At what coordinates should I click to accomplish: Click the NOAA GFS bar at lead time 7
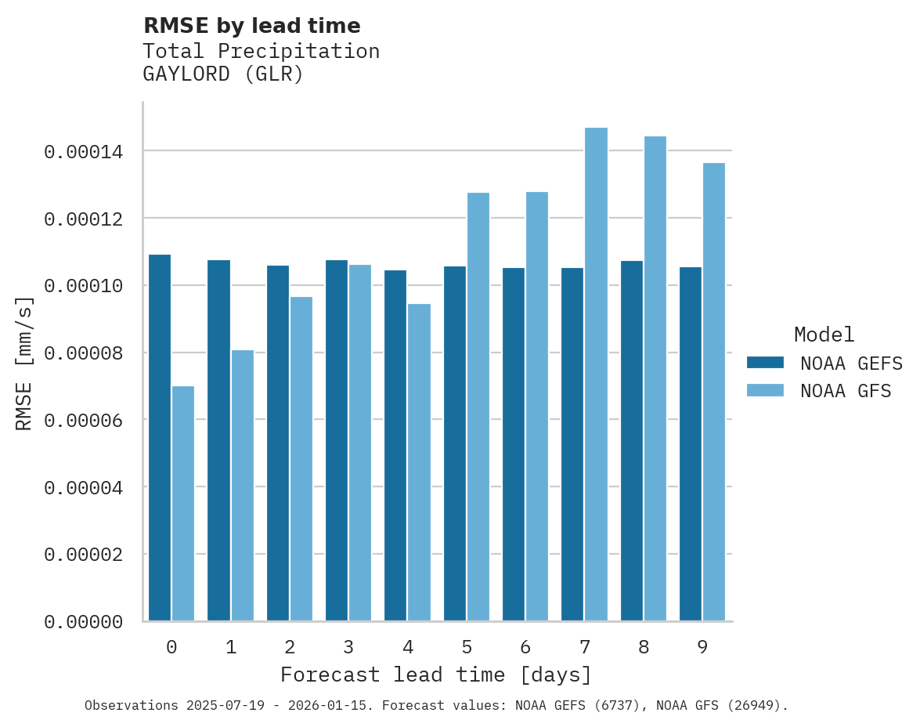coord(596,374)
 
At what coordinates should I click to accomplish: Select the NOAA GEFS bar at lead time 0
coord(160,438)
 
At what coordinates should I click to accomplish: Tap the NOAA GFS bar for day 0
coord(183,504)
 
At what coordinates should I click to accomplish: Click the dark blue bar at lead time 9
coord(691,444)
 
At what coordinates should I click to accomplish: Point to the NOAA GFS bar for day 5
coord(478,407)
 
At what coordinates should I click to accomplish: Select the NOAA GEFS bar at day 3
coord(337,440)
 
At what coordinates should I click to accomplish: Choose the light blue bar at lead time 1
coord(242,486)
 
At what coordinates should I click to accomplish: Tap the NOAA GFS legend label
coord(846,390)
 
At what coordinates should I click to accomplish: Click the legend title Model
coord(824,335)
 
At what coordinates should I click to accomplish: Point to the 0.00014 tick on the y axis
coord(84,151)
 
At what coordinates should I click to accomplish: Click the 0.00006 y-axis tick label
coord(84,421)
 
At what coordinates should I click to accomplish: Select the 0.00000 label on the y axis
coord(84,622)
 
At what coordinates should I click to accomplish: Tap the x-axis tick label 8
coord(644,647)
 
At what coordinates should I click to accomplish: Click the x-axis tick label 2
coord(290,647)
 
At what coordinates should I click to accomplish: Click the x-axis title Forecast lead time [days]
coord(436,675)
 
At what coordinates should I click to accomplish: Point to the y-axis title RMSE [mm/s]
coord(24,363)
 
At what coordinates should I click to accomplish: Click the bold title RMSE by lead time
coord(251,26)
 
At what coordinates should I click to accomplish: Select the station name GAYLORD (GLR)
coord(222,74)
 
